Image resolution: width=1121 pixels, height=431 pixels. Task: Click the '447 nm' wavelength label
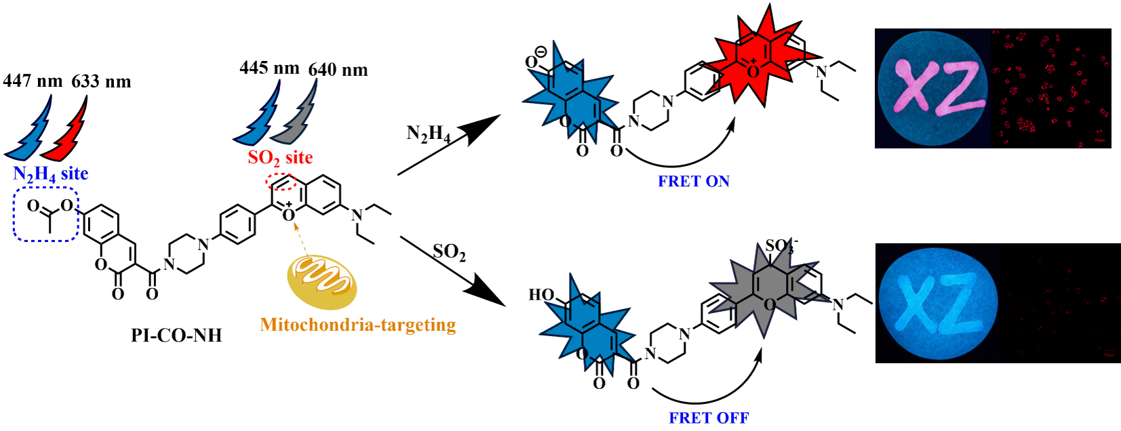click(33, 81)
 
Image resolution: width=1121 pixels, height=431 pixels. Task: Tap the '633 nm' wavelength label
click(101, 82)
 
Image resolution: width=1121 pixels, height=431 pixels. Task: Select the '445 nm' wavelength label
click(269, 68)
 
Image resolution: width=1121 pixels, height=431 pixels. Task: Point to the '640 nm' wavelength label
click(338, 70)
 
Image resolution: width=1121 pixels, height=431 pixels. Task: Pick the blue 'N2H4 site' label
click(51, 174)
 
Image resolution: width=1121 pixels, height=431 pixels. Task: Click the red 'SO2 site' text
click(280, 158)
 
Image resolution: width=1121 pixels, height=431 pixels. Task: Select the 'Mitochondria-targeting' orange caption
click(357, 325)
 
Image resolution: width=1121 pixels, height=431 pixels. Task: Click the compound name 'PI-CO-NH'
click(176, 335)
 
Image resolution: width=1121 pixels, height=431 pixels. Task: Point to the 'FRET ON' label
click(694, 182)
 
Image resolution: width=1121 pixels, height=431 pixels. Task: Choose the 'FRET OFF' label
click(709, 418)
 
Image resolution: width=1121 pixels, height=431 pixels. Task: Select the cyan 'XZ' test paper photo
click(937, 303)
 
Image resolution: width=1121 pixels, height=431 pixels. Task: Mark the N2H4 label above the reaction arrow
click(428, 134)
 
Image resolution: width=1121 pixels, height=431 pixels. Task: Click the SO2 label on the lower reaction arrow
click(449, 253)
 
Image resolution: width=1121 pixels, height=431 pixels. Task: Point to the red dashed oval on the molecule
click(281, 182)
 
